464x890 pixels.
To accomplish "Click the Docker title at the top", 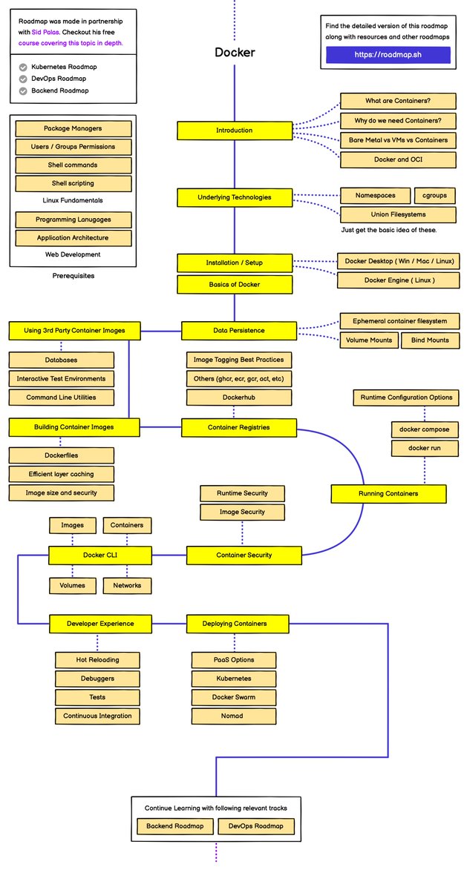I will [x=235, y=53].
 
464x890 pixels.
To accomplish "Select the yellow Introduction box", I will [x=234, y=131].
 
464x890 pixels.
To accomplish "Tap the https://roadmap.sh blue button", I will [x=388, y=55].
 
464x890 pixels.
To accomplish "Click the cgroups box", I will [x=434, y=196].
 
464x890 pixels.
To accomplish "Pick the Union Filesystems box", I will [x=398, y=214].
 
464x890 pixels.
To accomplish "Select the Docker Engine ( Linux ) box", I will [x=399, y=280].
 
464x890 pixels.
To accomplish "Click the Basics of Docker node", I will [x=234, y=283].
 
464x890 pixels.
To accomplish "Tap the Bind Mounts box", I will [x=429, y=340].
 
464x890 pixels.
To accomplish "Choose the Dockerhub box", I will [x=234, y=398].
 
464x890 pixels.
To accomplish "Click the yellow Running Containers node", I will [x=388, y=493].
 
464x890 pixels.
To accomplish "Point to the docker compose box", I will [x=424, y=429].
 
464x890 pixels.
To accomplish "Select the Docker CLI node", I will [x=100, y=554].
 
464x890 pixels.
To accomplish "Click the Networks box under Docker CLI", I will [x=127, y=585].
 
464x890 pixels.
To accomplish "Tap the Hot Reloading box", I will [x=97, y=659].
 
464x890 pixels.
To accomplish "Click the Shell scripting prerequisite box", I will [x=73, y=183].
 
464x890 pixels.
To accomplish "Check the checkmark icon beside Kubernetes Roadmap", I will [x=23, y=67].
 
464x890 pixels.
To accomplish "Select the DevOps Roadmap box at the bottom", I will [x=255, y=825].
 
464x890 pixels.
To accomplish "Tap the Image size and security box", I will [x=62, y=492].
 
